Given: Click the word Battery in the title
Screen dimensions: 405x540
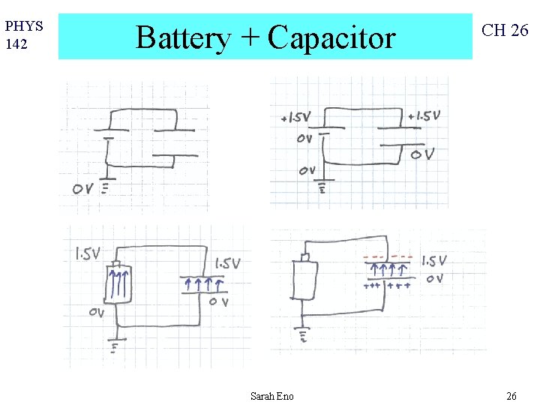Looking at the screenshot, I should pyautogui.click(x=183, y=37).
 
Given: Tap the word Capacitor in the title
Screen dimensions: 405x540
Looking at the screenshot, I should pyautogui.click(x=331, y=37).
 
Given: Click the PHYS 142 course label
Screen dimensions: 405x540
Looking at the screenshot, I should pyautogui.click(x=24, y=34).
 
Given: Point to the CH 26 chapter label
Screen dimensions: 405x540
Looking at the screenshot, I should pyautogui.click(x=505, y=30).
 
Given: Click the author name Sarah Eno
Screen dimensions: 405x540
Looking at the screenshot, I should pyautogui.click(x=272, y=396).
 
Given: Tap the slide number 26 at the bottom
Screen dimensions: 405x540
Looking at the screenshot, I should pyautogui.click(x=511, y=396).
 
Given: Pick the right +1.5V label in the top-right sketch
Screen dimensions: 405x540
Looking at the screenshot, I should pyautogui.click(x=424, y=116).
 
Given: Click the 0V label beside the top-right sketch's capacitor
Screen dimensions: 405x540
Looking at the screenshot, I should pyautogui.click(x=422, y=154).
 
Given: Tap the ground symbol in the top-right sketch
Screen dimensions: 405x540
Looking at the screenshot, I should pyautogui.click(x=324, y=187).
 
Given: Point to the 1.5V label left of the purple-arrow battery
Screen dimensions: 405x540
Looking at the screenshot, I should pyautogui.click(x=87, y=254).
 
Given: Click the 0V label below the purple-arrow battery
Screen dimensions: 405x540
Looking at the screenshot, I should pyautogui.click(x=96, y=313).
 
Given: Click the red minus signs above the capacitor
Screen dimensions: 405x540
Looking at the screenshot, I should pyautogui.click(x=387, y=257).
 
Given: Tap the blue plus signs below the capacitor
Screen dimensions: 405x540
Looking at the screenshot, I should pyautogui.click(x=387, y=286).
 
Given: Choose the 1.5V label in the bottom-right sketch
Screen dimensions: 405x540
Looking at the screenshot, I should pyautogui.click(x=434, y=261).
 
